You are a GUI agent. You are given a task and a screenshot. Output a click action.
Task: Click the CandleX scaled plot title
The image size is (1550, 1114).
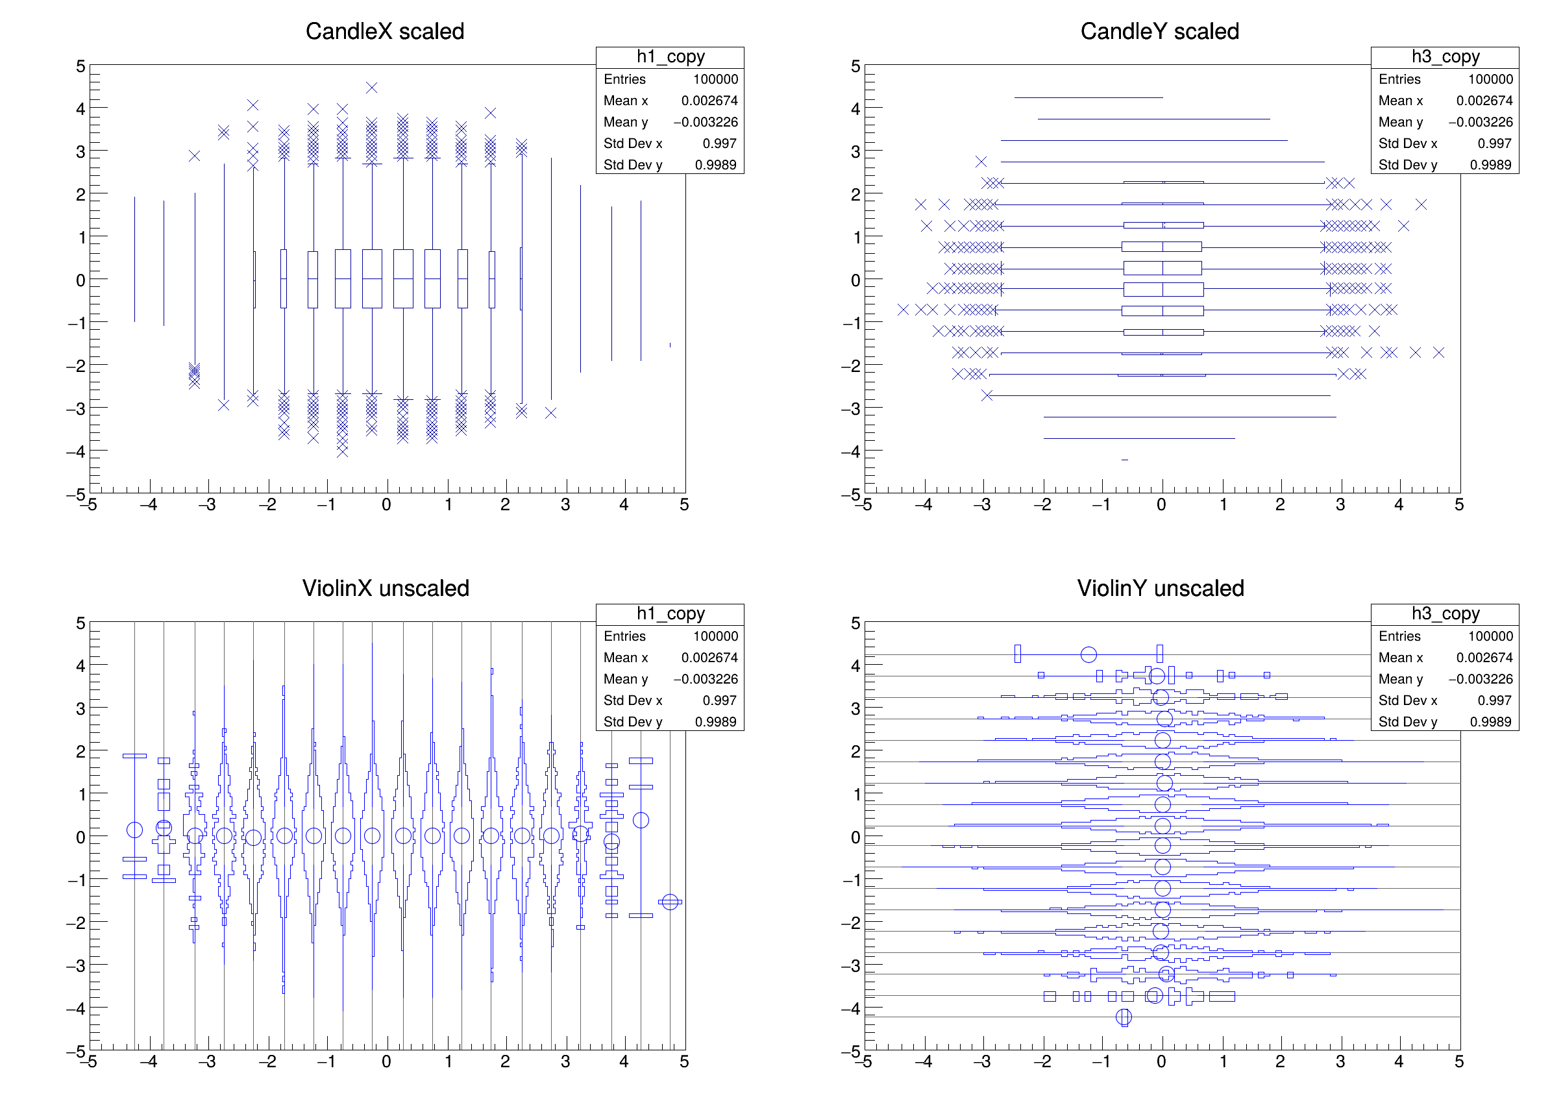[x=385, y=31]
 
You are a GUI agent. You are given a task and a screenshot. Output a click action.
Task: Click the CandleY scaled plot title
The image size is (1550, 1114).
[x=1159, y=31]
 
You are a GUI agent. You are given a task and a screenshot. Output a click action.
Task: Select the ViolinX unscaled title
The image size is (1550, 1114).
[x=386, y=588]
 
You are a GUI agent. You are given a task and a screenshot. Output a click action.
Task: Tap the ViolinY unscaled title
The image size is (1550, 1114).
[x=1161, y=588]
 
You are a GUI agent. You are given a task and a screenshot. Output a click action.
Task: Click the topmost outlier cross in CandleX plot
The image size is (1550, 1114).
[x=372, y=88]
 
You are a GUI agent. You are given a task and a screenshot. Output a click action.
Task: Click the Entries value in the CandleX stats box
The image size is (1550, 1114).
[x=715, y=79]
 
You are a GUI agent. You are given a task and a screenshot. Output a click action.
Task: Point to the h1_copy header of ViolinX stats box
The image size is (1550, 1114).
[x=670, y=613]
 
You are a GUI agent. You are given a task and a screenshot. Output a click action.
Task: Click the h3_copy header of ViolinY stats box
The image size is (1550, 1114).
[x=1445, y=613]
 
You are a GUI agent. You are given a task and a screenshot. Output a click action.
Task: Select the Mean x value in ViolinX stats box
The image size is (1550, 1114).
[x=709, y=658]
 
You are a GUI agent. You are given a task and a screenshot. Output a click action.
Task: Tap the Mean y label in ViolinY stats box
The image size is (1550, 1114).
[x=1400, y=678]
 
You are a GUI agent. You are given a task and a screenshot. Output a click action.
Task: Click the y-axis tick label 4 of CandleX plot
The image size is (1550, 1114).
[x=80, y=108]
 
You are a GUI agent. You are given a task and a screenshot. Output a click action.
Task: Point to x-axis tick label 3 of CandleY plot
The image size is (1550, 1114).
[x=1340, y=505]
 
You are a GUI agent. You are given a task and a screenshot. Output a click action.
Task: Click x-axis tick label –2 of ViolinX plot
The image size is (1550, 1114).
[x=267, y=1062]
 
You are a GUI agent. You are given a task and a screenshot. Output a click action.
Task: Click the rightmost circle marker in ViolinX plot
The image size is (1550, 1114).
[x=670, y=902]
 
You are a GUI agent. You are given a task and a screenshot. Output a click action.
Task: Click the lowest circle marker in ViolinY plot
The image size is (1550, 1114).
[x=1124, y=1017]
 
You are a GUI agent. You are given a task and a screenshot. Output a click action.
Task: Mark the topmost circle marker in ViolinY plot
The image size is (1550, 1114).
[x=1089, y=655]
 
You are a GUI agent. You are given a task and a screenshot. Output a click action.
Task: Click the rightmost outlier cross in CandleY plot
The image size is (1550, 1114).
[x=1438, y=353]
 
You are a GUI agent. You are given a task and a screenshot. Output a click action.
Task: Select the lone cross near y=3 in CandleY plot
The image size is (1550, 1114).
[x=981, y=161]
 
